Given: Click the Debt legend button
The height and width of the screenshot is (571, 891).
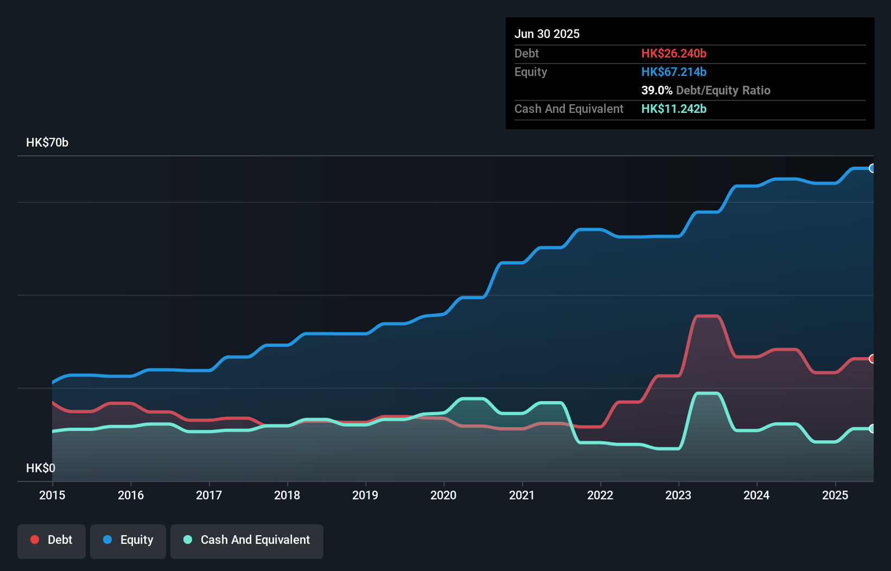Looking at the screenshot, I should click(x=52, y=541).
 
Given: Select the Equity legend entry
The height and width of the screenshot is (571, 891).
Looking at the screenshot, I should click(x=128, y=541).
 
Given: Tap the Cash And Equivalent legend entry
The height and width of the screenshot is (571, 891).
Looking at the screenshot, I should click(x=247, y=541).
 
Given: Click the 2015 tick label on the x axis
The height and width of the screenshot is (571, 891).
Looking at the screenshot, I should click(x=52, y=495).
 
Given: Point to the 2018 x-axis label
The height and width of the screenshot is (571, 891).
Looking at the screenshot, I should click(x=287, y=495).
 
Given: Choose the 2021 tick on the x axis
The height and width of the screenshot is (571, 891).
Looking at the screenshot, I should click(x=521, y=495).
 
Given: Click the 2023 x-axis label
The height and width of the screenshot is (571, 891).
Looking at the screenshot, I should click(x=678, y=495).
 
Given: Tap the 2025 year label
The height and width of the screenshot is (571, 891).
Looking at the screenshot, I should click(x=835, y=495).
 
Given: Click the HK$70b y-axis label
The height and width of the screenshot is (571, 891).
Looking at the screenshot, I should click(x=47, y=143).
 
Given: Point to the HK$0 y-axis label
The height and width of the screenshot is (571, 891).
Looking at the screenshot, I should click(x=41, y=468).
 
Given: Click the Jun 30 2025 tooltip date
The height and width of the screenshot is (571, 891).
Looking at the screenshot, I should click(x=547, y=34).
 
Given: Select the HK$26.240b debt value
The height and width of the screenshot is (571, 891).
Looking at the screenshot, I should click(x=673, y=54).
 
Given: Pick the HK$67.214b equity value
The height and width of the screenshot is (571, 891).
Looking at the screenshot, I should click(x=673, y=72).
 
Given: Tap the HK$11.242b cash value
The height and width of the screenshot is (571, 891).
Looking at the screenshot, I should click(x=673, y=109).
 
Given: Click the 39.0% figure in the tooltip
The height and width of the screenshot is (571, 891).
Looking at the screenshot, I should click(x=657, y=91).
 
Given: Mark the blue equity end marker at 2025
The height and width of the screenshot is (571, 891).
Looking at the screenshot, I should click(x=872, y=168).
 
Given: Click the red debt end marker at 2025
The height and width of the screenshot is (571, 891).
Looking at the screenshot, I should click(x=872, y=359).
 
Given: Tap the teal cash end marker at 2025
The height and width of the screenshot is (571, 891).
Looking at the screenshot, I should click(x=872, y=429).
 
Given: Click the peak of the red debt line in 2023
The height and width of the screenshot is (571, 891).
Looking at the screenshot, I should click(x=708, y=316).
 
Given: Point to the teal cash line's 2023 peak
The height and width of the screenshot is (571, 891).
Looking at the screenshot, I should click(x=708, y=394).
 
